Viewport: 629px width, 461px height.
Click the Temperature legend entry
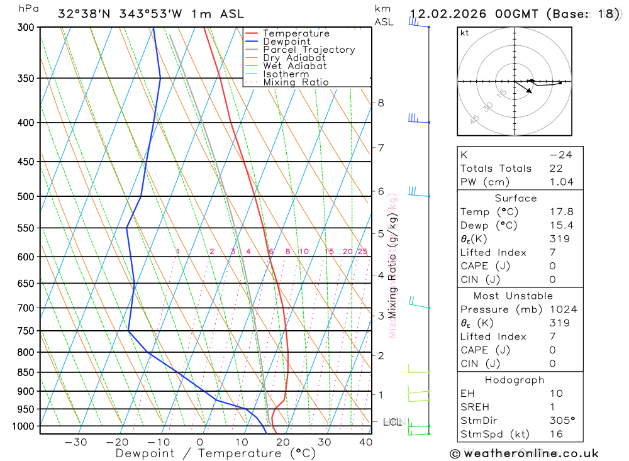296,33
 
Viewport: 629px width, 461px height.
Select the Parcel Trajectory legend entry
309,50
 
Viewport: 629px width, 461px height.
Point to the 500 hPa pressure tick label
26,196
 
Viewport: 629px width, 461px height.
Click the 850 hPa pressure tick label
26,372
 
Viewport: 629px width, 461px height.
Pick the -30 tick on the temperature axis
75,442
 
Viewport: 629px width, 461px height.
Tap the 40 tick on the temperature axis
365,442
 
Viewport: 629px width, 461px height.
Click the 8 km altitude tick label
381,103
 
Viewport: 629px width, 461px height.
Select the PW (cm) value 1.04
561,182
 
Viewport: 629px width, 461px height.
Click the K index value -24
561,155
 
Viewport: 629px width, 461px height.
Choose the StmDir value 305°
561,421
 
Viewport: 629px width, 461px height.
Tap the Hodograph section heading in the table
515,380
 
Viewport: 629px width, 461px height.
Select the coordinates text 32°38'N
82,14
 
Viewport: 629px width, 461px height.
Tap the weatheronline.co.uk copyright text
524,453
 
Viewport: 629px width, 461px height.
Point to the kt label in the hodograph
465,33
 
